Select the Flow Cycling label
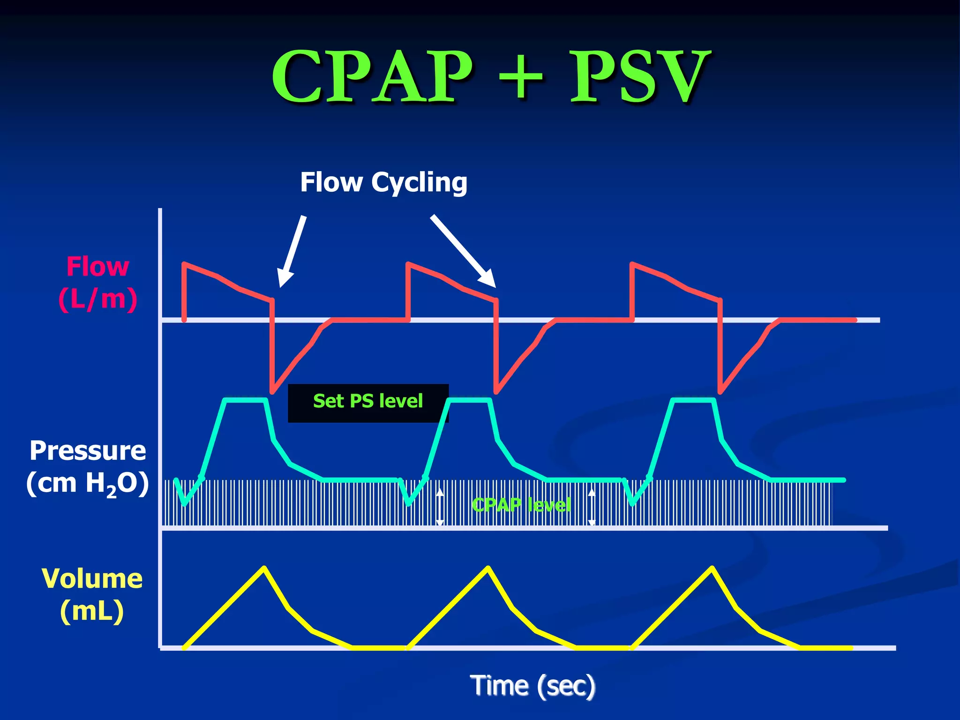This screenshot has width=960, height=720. pyautogui.click(x=383, y=182)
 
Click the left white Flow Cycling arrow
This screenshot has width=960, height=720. pyautogui.click(x=292, y=251)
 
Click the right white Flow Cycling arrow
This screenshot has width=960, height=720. pyautogui.click(x=463, y=251)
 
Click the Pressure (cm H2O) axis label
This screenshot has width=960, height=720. pyautogui.click(x=88, y=467)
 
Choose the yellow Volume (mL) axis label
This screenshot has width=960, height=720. pyautogui.click(x=92, y=594)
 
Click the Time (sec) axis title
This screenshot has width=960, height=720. pyautogui.click(x=532, y=686)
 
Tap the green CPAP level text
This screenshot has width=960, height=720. pyautogui.click(x=521, y=505)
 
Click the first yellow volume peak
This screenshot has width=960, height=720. pyautogui.click(x=264, y=568)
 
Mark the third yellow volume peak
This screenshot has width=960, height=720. pyautogui.click(x=712, y=568)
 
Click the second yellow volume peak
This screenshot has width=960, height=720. pyautogui.click(x=488, y=568)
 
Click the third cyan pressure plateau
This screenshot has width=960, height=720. pyautogui.click(x=694, y=400)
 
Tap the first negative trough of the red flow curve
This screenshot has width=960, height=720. pyautogui.click(x=273, y=390)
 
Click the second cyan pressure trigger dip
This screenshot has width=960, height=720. pyautogui.click(x=409, y=503)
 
